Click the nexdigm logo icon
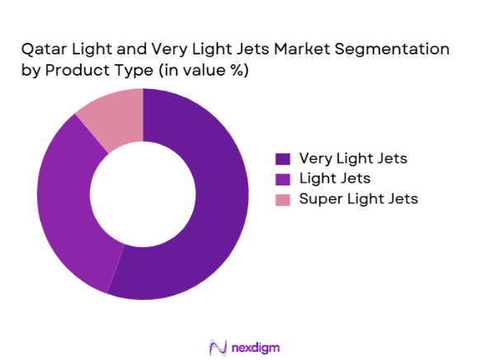219,347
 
